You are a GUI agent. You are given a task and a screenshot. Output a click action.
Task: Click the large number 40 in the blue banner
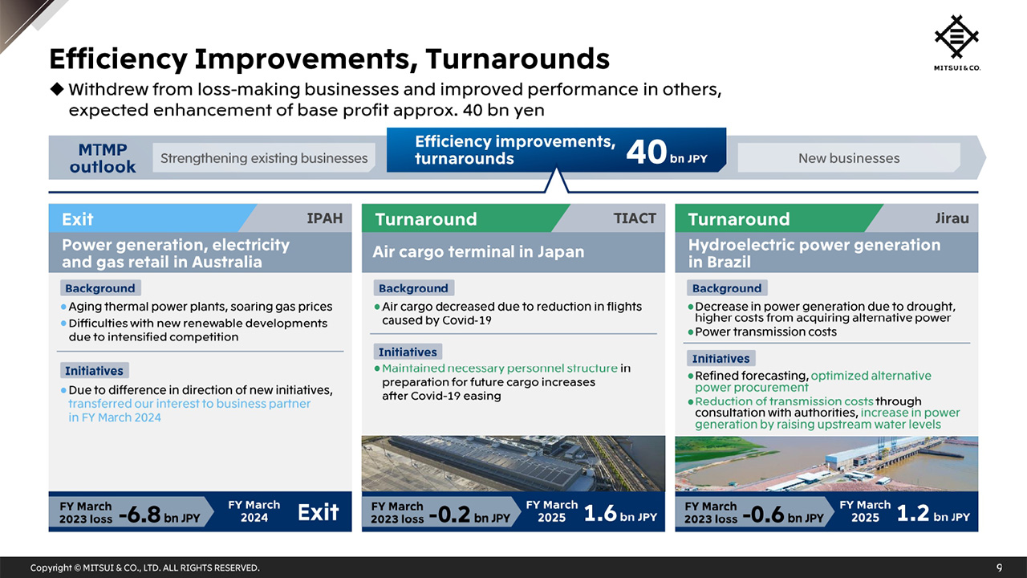pyautogui.click(x=646, y=151)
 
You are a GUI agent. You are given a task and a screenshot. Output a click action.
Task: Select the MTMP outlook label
pyautogui.click(x=103, y=158)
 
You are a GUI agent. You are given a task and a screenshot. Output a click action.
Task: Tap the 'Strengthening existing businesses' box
pyautogui.click(x=264, y=158)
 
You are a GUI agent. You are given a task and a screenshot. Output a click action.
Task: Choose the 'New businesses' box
pyautogui.click(x=848, y=158)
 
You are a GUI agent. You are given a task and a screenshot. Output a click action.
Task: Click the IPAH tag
pyautogui.click(x=324, y=218)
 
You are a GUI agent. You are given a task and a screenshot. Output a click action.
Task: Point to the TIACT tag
pyautogui.click(x=635, y=218)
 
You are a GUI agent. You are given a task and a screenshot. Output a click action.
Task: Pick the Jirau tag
pyautogui.click(x=952, y=218)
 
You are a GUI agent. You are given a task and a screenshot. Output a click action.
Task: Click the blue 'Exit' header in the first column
pyautogui.click(x=78, y=219)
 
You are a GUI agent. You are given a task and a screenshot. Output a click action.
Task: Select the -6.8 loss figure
pyautogui.click(x=140, y=514)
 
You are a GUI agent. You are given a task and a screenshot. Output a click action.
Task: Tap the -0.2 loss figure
pyautogui.click(x=449, y=514)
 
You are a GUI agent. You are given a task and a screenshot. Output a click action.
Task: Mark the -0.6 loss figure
pyautogui.click(x=763, y=514)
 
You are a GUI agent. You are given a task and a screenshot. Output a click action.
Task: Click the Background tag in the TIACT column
pyautogui.click(x=413, y=288)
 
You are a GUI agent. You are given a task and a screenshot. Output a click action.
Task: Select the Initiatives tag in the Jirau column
pyautogui.click(x=721, y=359)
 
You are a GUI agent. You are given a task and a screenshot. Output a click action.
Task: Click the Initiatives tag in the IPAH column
pyautogui.click(x=94, y=371)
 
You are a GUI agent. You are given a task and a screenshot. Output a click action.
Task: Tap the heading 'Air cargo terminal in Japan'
pyautogui.click(x=478, y=252)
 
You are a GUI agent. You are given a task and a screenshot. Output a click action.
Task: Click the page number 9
pyautogui.click(x=999, y=568)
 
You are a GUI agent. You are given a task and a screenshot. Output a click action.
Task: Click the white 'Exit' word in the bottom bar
pyautogui.click(x=319, y=512)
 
